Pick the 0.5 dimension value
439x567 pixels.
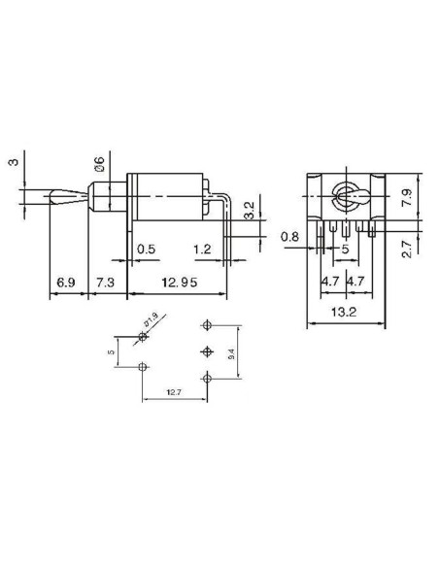pyautogui.click(x=147, y=249)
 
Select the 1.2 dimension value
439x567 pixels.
pyautogui.click(x=201, y=249)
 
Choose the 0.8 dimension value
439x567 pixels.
pyautogui.click(x=289, y=236)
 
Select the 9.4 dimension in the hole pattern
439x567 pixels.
pyautogui.click(x=230, y=356)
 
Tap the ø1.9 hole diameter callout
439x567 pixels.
pyautogui.click(x=151, y=318)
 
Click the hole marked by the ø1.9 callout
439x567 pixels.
pyautogui.click(x=144, y=337)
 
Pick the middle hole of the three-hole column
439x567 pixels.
pyautogui.click(x=206, y=350)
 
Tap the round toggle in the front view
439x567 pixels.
pyautogui.click(x=345, y=194)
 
